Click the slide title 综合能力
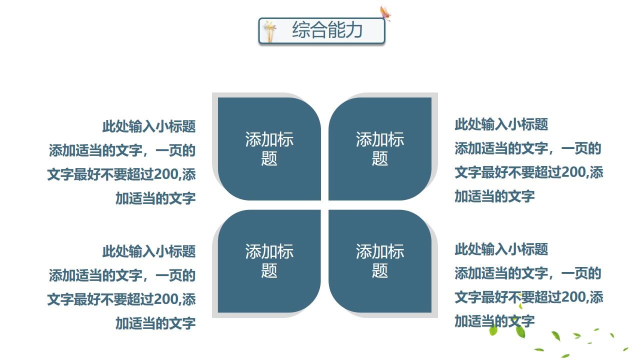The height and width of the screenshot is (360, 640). (327, 30)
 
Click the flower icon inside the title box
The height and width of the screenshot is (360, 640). (270, 31)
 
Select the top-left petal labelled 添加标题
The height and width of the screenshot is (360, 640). (269, 148)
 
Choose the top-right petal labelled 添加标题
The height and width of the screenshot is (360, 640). (380, 148)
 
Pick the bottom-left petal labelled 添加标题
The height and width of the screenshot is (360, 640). (269, 260)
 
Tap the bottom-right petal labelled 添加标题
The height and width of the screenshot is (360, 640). (380, 260)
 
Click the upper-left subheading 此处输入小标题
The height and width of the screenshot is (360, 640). (149, 126)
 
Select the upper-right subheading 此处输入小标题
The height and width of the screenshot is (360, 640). (501, 124)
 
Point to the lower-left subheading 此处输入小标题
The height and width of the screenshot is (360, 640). (149, 251)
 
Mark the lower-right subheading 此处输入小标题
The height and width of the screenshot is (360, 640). (501, 249)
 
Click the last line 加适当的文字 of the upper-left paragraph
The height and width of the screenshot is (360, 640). (155, 198)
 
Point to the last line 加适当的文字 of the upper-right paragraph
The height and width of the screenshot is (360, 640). (494, 196)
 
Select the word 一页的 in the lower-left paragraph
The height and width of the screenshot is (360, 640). (175, 275)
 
